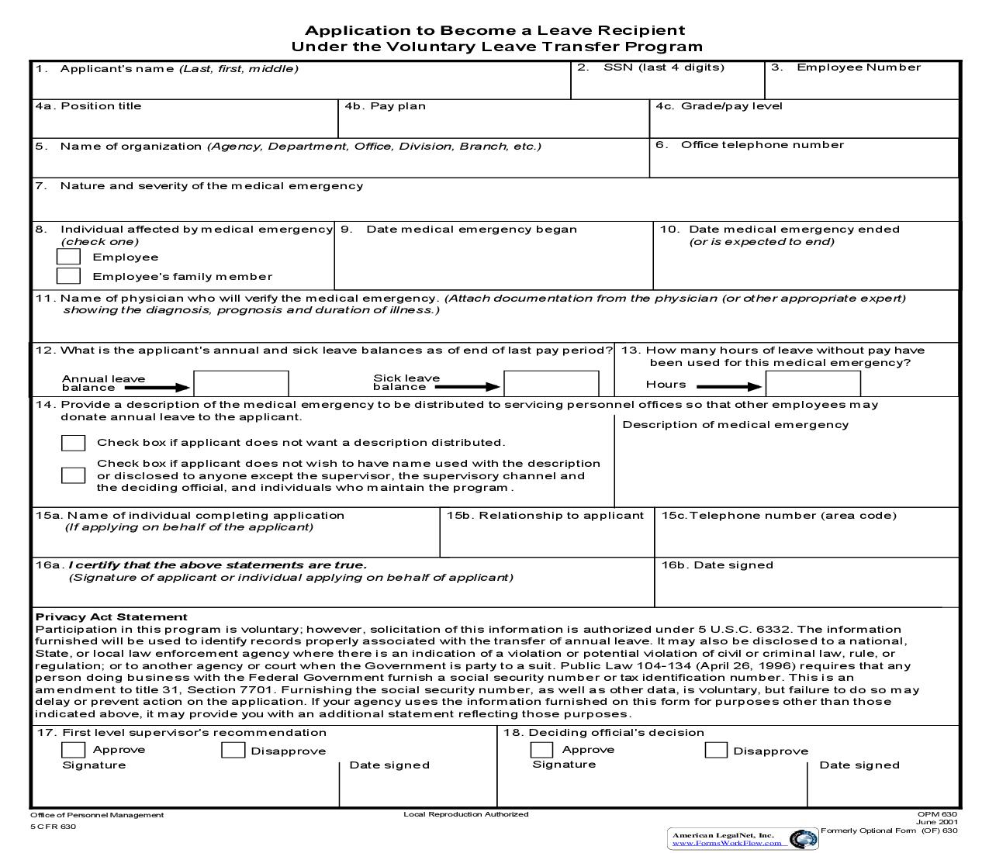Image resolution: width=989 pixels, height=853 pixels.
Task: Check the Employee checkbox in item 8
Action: pos(68,257)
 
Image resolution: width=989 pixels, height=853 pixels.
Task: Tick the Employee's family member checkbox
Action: pos(68,276)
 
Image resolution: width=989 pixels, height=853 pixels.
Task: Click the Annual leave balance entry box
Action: pos(240,384)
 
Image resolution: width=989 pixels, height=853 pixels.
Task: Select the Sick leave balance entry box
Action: pos(551,384)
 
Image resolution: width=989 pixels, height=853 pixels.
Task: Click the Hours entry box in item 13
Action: pos(813,384)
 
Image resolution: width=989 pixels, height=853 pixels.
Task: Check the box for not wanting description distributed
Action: pos(73,443)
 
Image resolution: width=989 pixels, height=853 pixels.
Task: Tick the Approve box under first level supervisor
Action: pos(73,750)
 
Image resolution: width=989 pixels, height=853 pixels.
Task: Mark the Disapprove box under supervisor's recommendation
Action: pos(233,750)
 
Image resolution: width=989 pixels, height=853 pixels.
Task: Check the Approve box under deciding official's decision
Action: pos(541,750)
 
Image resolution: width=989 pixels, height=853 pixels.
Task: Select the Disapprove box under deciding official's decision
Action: pos(716,750)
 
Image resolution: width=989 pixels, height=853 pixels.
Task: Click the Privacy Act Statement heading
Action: pos(111,617)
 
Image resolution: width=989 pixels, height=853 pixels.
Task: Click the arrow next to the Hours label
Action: pos(729,387)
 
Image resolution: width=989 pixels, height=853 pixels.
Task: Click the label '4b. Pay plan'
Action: pos(385,106)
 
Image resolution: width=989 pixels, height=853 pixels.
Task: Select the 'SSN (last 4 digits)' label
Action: pos(663,67)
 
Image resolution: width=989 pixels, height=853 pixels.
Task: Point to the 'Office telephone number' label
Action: pos(762,145)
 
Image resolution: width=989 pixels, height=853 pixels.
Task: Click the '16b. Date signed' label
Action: pos(717,565)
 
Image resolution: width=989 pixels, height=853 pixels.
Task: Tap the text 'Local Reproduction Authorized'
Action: pos(465,814)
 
